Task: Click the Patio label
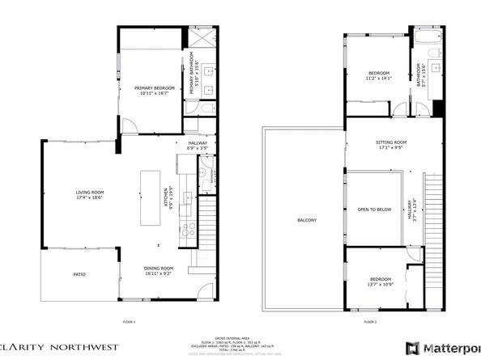click(79, 275)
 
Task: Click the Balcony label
click(306, 220)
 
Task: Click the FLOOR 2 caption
click(370, 322)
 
